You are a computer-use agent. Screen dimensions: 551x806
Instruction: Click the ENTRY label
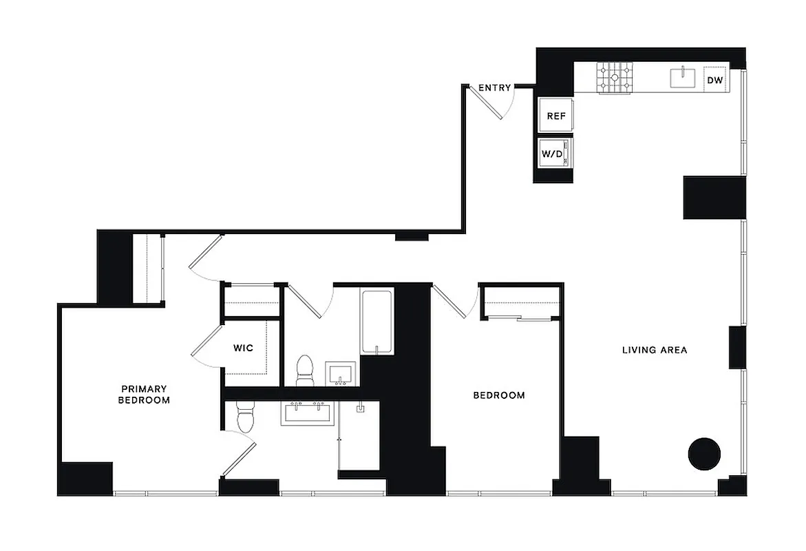[x=494, y=87]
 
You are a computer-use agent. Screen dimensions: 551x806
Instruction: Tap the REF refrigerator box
[x=556, y=116]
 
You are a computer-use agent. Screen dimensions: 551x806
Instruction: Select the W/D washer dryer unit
[x=555, y=153]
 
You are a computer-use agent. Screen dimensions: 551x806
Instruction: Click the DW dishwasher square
[x=716, y=80]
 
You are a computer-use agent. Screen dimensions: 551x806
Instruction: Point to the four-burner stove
[x=614, y=77]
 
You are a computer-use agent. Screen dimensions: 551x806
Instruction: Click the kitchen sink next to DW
[x=683, y=77]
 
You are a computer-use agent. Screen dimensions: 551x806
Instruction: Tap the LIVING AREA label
[x=654, y=350]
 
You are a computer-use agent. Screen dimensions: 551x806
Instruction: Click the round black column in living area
[x=704, y=455]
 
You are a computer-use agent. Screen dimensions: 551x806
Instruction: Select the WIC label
[x=243, y=348]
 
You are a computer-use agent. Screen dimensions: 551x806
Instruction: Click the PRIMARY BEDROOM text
[x=144, y=394]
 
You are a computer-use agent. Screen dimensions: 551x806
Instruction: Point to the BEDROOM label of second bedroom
[x=498, y=395]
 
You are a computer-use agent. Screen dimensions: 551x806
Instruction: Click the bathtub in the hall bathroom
[x=376, y=322]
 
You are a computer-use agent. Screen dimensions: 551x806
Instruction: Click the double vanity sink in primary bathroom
[x=306, y=413]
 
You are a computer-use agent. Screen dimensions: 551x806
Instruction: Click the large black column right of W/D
[x=714, y=198]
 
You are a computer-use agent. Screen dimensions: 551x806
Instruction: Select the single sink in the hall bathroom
[x=341, y=374]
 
